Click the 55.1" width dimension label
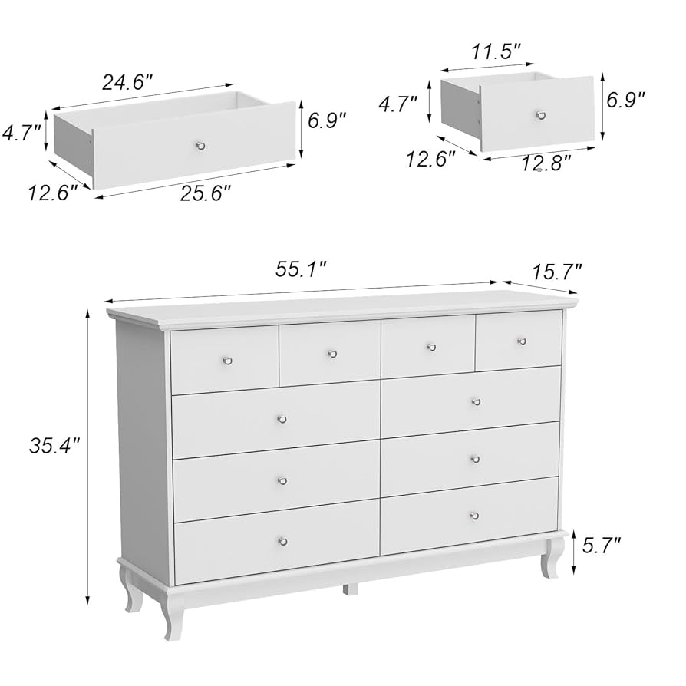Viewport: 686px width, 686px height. coord(301,269)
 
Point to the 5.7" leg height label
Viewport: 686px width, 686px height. coord(601,546)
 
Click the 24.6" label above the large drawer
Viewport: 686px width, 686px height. coord(127,82)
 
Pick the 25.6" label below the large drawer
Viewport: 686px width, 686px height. coord(205,196)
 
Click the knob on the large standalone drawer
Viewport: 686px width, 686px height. coord(200,146)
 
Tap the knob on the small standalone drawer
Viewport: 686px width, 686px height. coord(541,115)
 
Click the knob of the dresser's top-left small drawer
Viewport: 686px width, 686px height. coord(227,360)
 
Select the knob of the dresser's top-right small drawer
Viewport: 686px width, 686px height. coord(522,341)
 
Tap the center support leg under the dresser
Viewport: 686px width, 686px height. coord(350,590)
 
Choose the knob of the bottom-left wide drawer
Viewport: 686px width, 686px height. coord(282,541)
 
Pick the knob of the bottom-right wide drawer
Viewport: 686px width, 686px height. coord(473,516)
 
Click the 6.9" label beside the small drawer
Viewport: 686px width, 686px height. coord(625,100)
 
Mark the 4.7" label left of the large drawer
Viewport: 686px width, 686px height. coord(21,134)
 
